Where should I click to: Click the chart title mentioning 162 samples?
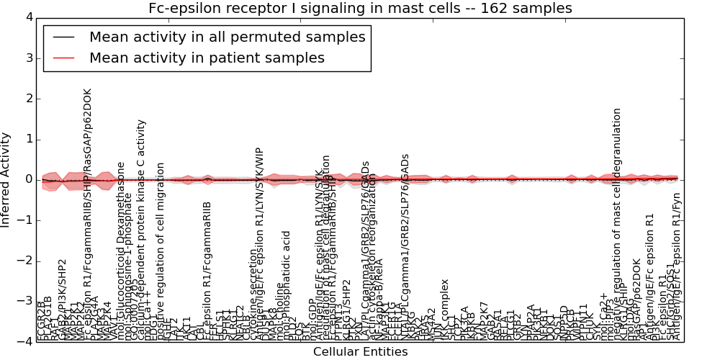pos(360,9)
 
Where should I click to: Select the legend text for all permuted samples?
pos(227,37)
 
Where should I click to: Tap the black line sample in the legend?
pos(63,37)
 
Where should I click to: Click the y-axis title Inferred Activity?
pos(6,179)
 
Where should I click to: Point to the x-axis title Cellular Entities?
pos(360,352)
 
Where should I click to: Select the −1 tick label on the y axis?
pos(25,220)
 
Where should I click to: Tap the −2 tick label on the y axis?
pos(25,261)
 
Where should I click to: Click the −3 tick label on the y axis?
pos(25,301)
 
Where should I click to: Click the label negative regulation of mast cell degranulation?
pos(617,223)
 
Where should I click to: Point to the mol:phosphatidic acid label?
pos(287,284)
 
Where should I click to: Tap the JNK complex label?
pos(445,310)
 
